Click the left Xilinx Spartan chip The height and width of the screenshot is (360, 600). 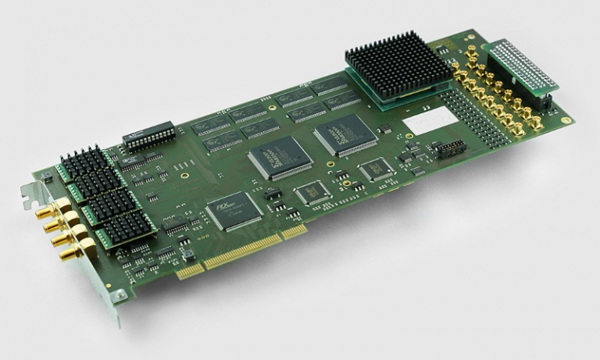(280, 157)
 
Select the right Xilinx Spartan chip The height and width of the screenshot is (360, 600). (345, 134)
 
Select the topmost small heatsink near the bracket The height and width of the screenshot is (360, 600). (84, 160)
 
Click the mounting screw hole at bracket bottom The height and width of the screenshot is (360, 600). (117, 296)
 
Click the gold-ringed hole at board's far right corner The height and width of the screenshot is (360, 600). (564, 120)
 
